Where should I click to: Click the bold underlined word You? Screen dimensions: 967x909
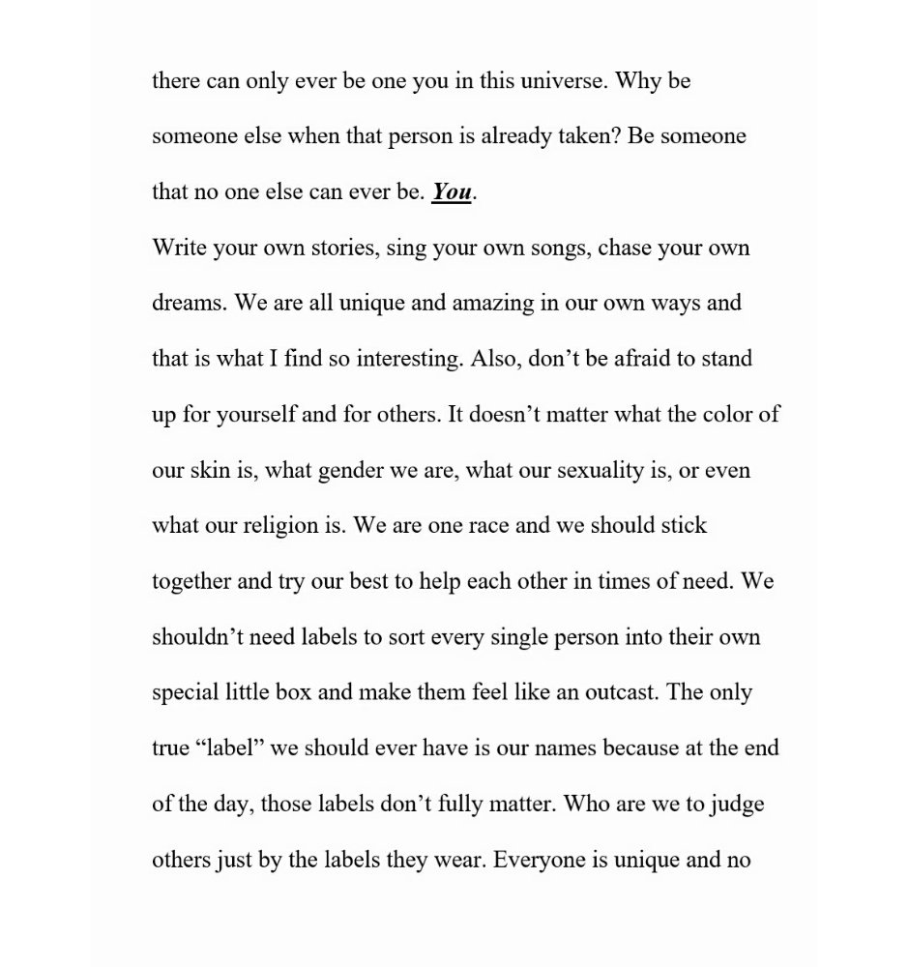coord(452,192)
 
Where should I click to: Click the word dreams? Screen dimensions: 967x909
coord(188,304)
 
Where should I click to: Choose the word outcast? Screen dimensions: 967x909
coord(619,693)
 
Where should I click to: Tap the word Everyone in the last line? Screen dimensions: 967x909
coord(538,860)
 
